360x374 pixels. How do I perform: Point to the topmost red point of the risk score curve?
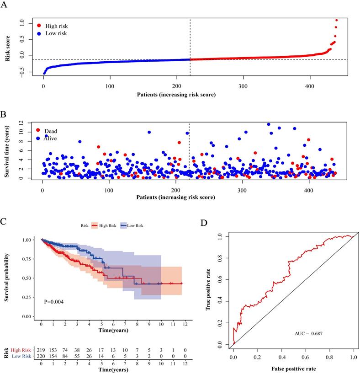click(x=337, y=20)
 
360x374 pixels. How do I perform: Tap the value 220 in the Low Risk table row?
click(x=41, y=355)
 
